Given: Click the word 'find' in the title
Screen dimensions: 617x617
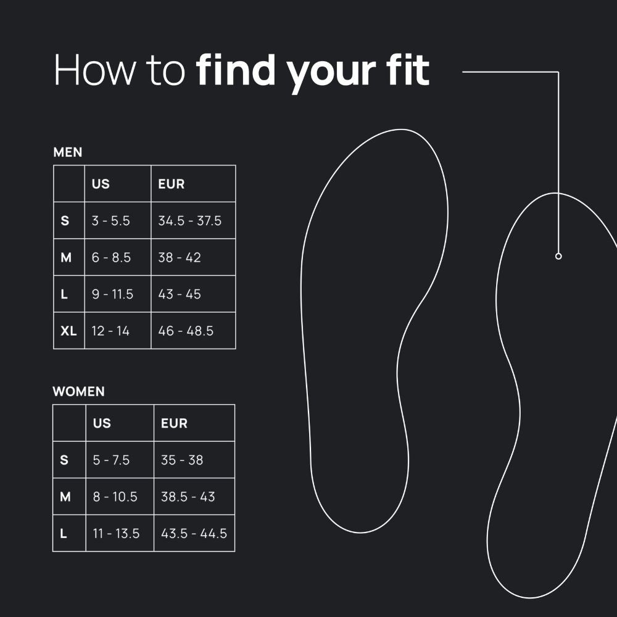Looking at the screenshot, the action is point(236,70).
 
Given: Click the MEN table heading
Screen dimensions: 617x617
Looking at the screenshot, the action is point(68,152).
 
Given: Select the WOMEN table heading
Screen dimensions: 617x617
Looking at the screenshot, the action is point(79,392).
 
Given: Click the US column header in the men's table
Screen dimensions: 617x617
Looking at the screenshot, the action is point(101,184).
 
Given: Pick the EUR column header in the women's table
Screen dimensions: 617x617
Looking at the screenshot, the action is point(175,423).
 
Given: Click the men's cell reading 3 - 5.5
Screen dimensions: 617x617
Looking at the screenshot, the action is point(110,221).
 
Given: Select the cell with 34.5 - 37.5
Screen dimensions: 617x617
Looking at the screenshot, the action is point(189,221).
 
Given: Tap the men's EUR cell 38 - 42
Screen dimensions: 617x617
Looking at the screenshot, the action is point(180,257).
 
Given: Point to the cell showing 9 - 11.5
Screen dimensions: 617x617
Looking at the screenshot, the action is point(112,294).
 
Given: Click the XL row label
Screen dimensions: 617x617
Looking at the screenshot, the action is point(68,331).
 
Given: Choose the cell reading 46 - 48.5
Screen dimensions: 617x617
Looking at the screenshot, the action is point(186,331).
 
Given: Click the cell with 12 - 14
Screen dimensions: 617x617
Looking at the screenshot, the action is point(110,331).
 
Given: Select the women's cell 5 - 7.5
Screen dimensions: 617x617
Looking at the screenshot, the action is point(111,460).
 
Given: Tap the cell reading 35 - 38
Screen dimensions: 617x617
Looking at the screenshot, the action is point(182,460).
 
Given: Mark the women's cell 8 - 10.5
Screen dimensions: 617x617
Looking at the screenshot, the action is point(115,497).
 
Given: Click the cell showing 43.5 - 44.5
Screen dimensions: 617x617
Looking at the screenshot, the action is point(194,534).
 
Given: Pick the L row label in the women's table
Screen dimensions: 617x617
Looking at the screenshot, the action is point(64,534).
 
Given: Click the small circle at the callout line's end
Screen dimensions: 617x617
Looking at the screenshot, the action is point(558,256).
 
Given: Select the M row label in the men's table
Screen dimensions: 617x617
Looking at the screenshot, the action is point(66,257).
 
